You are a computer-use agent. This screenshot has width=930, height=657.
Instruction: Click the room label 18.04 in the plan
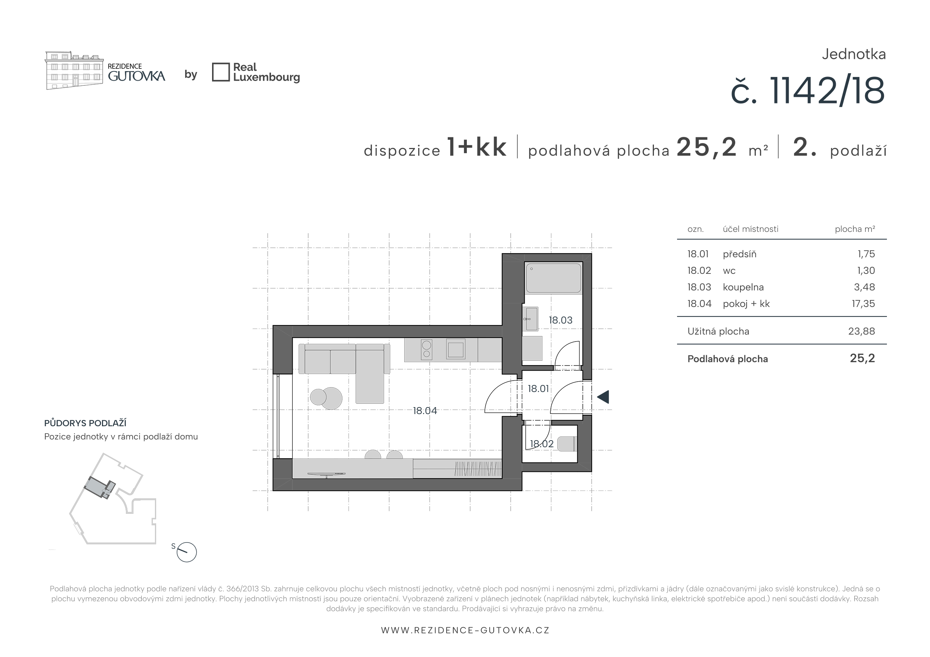pyautogui.click(x=425, y=411)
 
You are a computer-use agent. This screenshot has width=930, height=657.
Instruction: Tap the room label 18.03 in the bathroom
pyautogui.click(x=561, y=320)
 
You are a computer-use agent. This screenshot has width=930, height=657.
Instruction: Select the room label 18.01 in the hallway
pyautogui.click(x=538, y=389)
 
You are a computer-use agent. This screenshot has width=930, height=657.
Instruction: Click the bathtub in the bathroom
pyautogui.click(x=553, y=278)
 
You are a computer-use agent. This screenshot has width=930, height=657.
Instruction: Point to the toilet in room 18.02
pyautogui.click(x=567, y=444)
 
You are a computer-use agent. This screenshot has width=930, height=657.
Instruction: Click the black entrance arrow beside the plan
pyautogui.click(x=603, y=397)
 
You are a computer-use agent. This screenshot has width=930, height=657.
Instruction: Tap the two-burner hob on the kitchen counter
pyautogui.click(x=426, y=350)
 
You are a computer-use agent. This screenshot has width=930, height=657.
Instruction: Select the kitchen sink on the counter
pyautogui.click(x=456, y=349)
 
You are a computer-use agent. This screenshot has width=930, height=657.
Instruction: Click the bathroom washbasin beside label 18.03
pyautogui.click(x=530, y=319)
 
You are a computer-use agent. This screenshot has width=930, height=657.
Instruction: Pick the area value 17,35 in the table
pyautogui.click(x=863, y=304)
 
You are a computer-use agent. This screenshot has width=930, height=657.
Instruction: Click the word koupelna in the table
pyautogui.click(x=743, y=287)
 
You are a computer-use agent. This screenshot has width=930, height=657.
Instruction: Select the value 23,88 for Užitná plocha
pyautogui.click(x=862, y=331)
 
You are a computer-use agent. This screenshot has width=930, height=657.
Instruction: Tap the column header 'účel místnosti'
pyautogui.click(x=751, y=229)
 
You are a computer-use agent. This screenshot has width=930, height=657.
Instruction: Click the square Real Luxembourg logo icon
pyautogui.click(x=221, y=72)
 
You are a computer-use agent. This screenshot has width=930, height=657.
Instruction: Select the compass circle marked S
pyautogui.click(x=187, y=552)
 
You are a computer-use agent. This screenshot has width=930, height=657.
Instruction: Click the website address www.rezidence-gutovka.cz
pyautogui.click(x=465, y=630)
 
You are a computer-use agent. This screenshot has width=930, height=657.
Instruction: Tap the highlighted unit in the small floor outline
pyautogui.click(x=100, y=487)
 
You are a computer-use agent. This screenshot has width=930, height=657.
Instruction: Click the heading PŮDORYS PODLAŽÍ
pyautogui.click(x=85, y=423)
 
